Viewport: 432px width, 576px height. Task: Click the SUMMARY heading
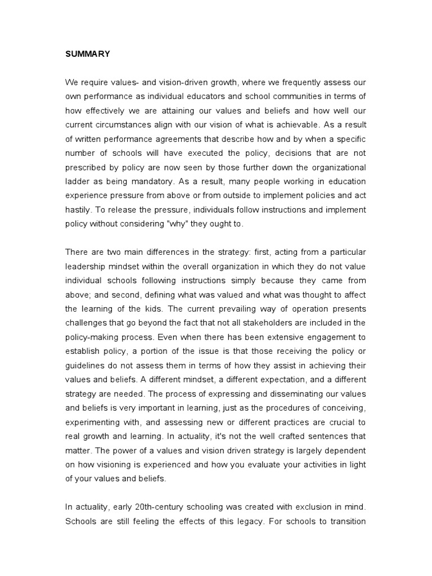88,55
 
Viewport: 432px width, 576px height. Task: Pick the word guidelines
88,366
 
